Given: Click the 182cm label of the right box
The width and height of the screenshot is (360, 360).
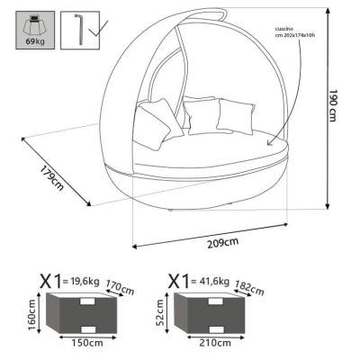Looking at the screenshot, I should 249,290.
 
